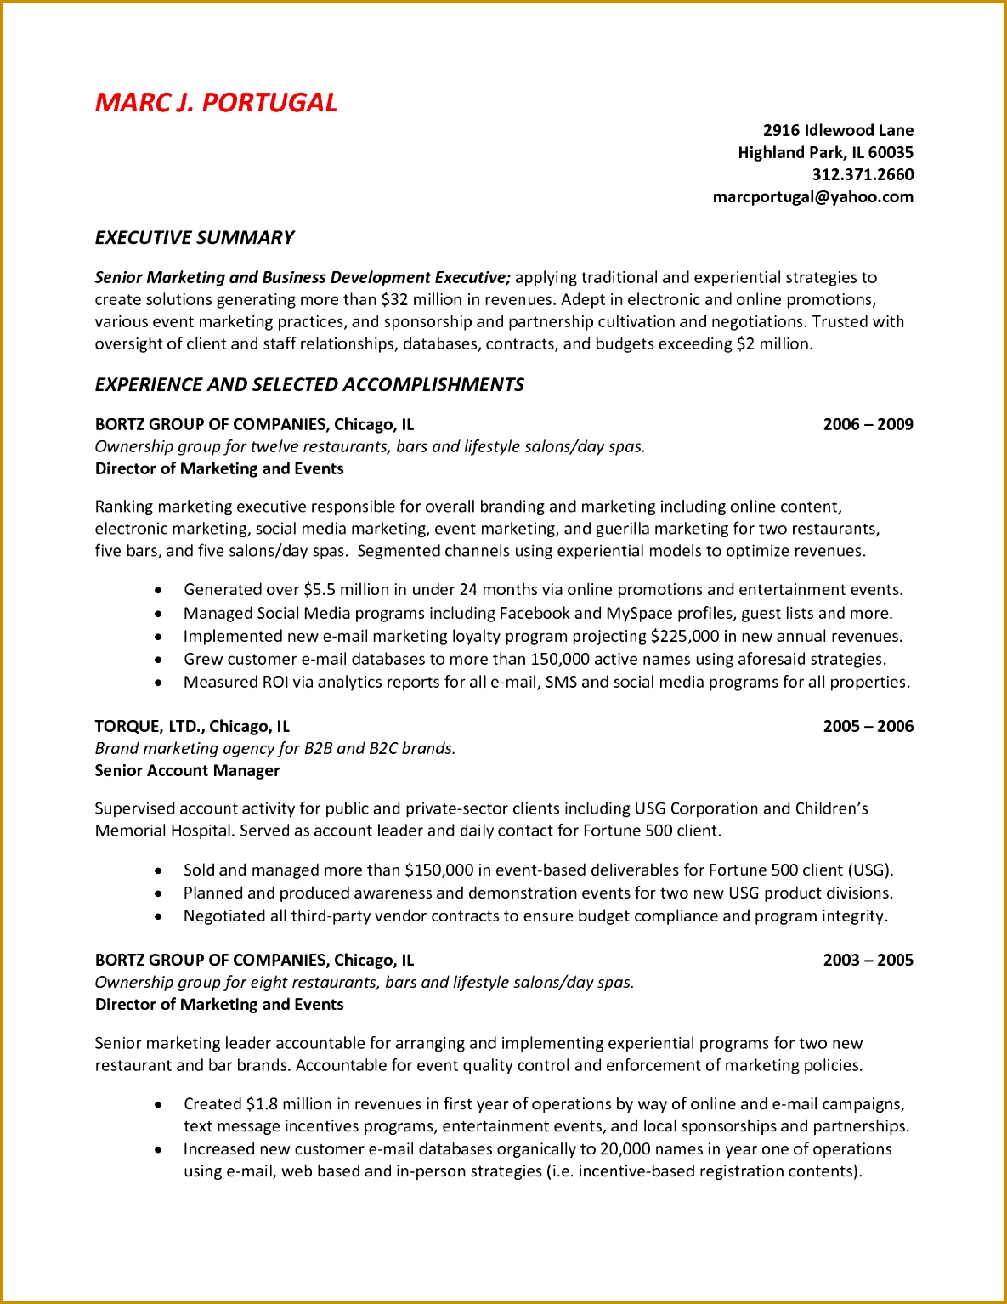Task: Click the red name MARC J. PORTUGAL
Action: click(x=216, y=103)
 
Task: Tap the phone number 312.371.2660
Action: click(x=863, y=174)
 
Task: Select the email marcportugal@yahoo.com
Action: click(x=812, y=196)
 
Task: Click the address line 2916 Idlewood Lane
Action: click(x=838, y=130)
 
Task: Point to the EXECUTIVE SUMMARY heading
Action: click(x=195, y=238)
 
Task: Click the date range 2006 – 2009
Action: click(x=868, y=424)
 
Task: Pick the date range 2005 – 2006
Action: click(x=868, y=726)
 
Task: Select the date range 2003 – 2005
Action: click(x=868, y=960)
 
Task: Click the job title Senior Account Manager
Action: click(x=187, y=770)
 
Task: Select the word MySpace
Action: click(x=639, y=613)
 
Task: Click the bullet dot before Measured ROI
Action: click(x=158, y=682)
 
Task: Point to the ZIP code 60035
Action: click(x=891, y=152)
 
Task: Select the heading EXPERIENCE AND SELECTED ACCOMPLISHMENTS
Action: click(x=309, y=385)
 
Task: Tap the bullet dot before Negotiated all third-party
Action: click(x=158, y=916)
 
